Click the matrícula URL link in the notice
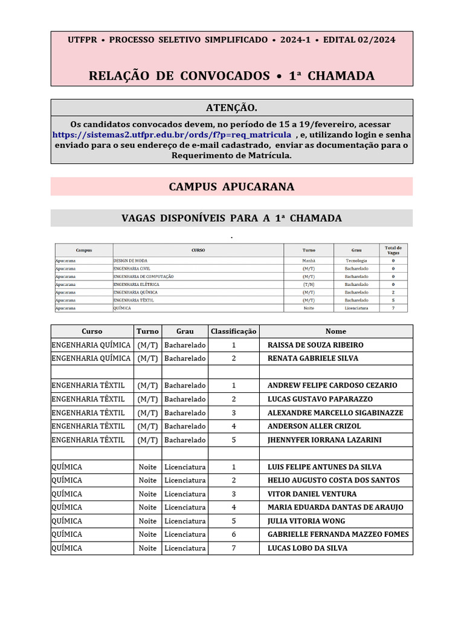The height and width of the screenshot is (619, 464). [172, 134]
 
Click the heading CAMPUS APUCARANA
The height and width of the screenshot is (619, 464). [231, 186]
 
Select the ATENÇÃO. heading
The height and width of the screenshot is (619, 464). [231, 108]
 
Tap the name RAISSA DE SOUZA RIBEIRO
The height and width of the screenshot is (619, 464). [315, 345]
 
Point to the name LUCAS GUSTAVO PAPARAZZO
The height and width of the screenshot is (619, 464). [320, 399]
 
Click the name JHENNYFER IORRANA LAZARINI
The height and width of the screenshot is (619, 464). [324, 440]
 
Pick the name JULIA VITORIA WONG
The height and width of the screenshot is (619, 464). [306, 521]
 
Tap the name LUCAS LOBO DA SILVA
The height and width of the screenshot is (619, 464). [308, 548]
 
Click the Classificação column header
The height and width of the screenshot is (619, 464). [234, 331]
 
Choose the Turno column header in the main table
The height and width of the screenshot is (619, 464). [147, 331]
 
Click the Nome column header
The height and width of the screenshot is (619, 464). [336, 331]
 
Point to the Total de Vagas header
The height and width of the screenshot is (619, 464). [393, 250]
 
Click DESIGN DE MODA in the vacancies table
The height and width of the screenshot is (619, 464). [130, 261]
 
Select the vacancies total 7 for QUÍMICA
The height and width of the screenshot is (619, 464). [393, 308]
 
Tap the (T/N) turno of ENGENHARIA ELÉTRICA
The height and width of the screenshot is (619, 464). [309, 284]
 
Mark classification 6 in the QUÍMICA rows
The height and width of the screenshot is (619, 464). [234, 534]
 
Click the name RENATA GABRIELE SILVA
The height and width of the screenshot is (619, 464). [313, 358]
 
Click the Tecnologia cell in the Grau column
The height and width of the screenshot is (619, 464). [356, 261]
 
